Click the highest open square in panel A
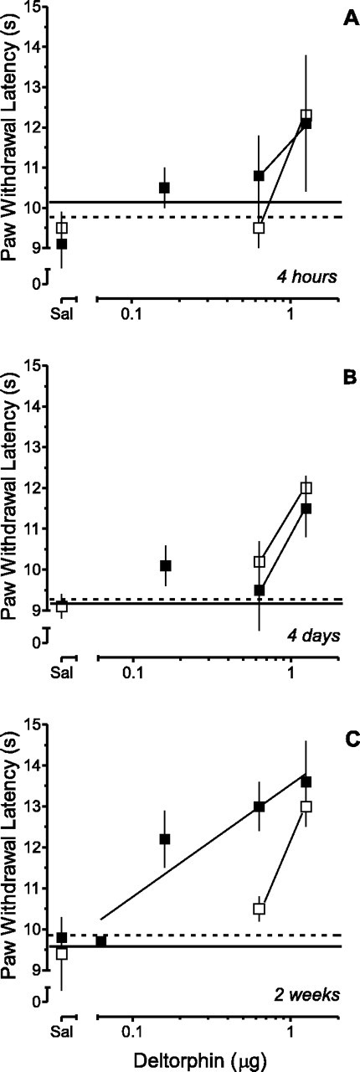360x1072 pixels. click(306, 116)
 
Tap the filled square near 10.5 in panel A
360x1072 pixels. click(165, 188)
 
